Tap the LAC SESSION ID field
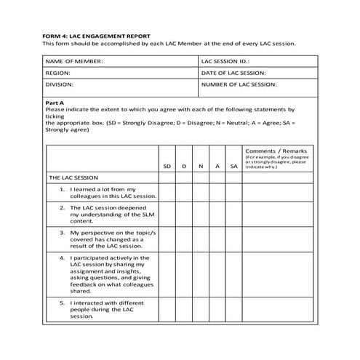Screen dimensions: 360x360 tap(255, 62)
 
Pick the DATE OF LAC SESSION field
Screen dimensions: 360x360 tap(255, 73)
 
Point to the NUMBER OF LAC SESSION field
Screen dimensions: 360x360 tap(255, 85)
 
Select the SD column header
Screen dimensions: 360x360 tap(167, 167)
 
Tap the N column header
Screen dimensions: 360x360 tap(201, 167)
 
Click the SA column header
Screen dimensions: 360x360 tap(234, 167)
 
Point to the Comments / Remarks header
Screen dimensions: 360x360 tap(276, 151)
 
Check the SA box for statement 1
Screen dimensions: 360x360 tap(234, 191)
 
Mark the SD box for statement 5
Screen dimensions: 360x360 tap(167, 307)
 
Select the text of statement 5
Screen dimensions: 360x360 tap(105, 307)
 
